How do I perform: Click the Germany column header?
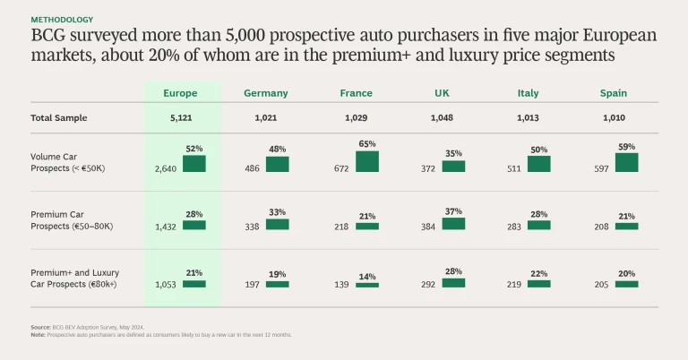pos(265,93)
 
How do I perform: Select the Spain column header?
pos(614,93)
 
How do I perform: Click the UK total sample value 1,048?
pos(442,118)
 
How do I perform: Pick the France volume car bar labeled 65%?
pos(367,161)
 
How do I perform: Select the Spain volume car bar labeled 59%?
pos(626,162)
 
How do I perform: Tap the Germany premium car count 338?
pos(253,227)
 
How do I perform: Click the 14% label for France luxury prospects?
pos(367,277)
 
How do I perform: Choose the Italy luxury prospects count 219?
pos(513,284)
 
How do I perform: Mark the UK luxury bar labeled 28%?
pos(453,282)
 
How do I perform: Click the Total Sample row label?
pos(59,118)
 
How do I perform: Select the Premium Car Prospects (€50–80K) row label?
pos(72,220)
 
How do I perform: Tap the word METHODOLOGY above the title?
pos(61,19)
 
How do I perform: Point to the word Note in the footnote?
pos(39,335)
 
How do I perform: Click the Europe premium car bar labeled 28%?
pos(193,226)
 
